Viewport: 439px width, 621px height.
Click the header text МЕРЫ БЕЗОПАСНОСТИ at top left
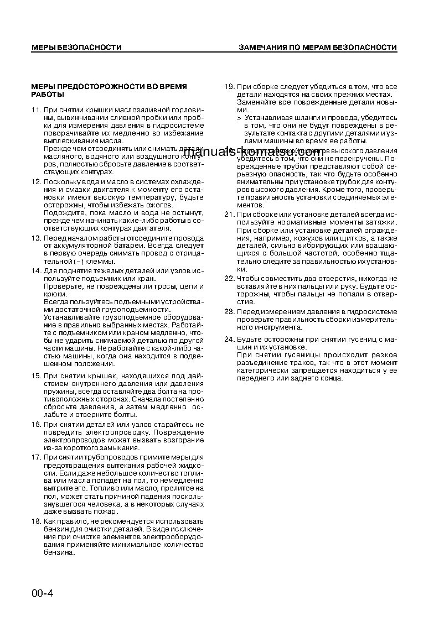[x=76, y=48]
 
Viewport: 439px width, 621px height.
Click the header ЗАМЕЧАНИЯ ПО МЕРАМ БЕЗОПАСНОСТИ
[x=317, y=48]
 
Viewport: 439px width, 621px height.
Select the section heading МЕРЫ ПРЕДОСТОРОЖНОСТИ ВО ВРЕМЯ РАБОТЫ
[x=109, y=91]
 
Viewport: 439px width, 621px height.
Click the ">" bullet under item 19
[x=239, y=118]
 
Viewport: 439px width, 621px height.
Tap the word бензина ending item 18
[x=58, y=552]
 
